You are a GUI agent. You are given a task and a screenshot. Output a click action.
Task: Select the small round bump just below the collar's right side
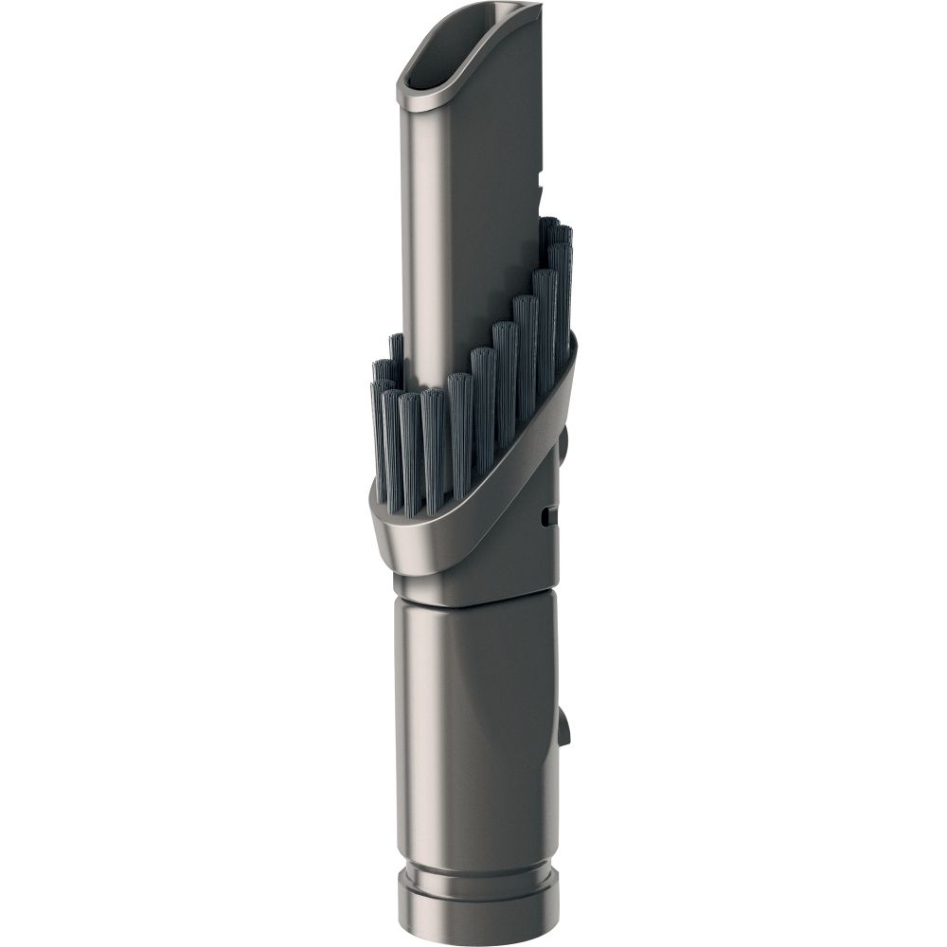563,440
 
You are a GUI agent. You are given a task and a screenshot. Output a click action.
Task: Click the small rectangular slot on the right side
549,516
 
